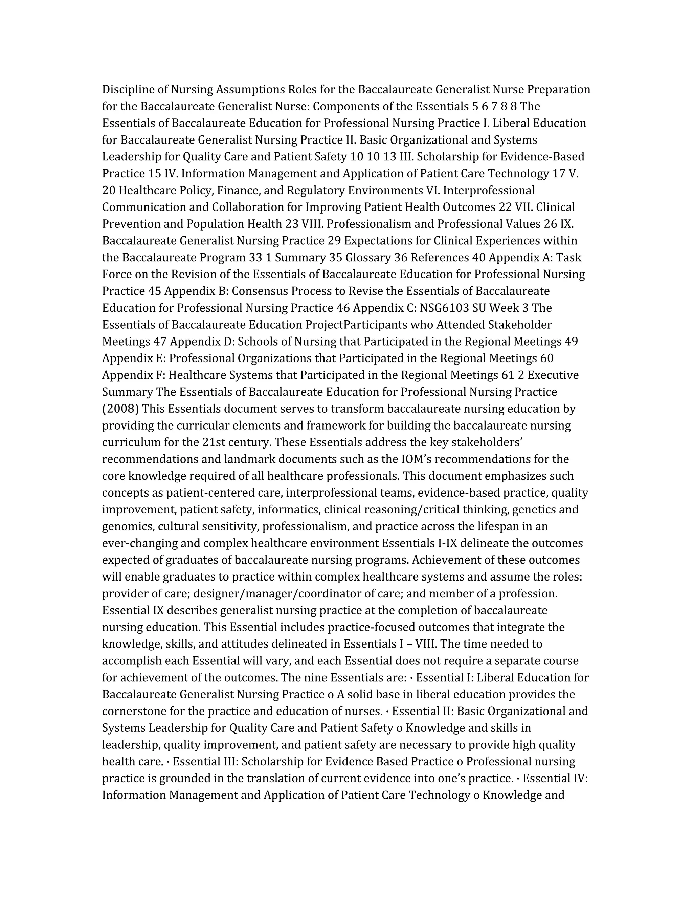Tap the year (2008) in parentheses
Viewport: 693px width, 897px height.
[121, 409]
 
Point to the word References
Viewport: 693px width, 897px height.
[440, 258]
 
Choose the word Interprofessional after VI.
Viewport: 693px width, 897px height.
[489, 191]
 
